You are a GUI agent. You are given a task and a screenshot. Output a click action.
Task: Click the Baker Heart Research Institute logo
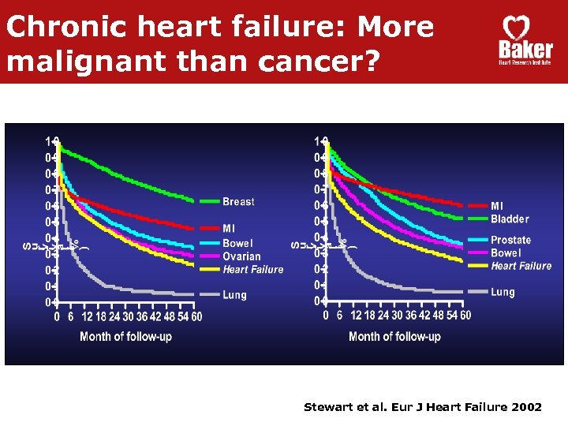525,41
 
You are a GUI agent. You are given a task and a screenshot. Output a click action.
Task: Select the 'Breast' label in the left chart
238,202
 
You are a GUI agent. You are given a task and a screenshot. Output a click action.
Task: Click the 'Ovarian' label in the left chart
241,256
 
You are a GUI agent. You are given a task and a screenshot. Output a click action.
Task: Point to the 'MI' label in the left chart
229,229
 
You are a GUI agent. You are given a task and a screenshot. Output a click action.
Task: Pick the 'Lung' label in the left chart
234,295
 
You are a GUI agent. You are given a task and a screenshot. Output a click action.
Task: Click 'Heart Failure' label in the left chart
252,270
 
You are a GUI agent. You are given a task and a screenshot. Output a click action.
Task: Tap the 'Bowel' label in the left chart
237,244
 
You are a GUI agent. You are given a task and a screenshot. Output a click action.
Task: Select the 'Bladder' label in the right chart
510,219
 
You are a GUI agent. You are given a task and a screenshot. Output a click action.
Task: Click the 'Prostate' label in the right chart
510,240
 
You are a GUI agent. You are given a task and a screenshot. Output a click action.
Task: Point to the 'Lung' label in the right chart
503,292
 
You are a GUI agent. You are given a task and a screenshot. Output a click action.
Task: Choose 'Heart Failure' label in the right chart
521,266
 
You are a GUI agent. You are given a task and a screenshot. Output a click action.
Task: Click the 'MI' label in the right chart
497,206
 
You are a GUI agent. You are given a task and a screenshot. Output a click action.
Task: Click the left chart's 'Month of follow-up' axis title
125,337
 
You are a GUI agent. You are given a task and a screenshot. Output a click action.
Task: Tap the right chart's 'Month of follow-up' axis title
394,337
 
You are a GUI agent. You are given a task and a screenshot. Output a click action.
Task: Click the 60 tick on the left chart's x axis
196,316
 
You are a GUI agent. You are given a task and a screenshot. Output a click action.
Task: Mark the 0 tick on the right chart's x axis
327,316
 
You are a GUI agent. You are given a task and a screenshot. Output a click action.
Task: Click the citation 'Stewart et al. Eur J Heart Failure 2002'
423,407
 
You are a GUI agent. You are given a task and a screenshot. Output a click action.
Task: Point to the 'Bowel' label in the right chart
506,253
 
